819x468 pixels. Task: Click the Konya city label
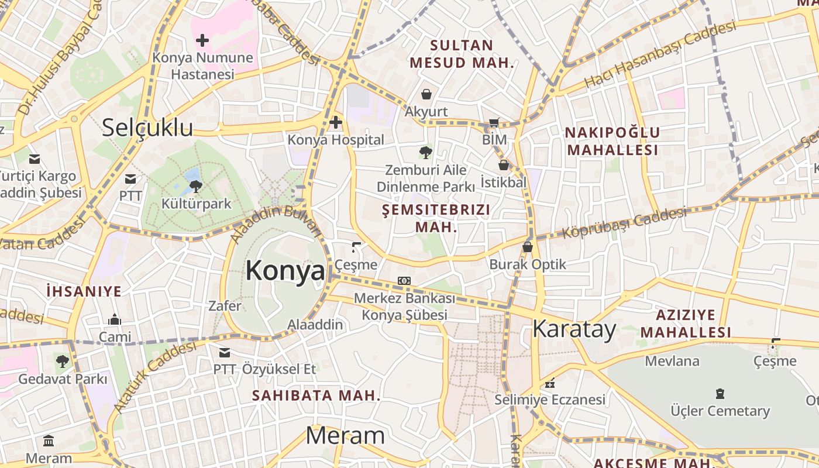click(x=285, y=271)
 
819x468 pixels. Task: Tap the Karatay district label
click(x=574, y=329)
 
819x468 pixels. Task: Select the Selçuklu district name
click(x=147, y=128)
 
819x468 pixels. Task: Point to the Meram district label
click(x=345, y=436)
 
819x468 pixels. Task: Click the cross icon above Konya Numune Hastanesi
click(x=202, y=40)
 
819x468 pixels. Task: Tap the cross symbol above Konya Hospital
click(x=336, y=122)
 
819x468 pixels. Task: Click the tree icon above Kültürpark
click(x=196, y=187)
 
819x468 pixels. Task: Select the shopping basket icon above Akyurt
click(x=426, y=94)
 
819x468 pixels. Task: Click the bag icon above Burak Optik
click(x=528, y=247)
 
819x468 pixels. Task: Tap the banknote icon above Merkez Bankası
click(x=404, y=281)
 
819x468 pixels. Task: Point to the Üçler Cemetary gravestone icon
click(x=720, y=394)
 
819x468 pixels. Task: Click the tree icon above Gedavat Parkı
click(x=63, y=361)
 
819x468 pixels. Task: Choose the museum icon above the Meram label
click(x=49, y=441)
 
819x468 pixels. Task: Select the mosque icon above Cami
click(x=115, y=319)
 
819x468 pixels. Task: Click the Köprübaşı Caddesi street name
click(x=624, y=223)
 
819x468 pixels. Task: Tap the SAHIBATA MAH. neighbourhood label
click(x=316, y=395)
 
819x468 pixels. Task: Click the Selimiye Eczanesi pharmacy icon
click(x=550, y=383)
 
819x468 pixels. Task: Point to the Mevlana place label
click(x=672, y=361)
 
